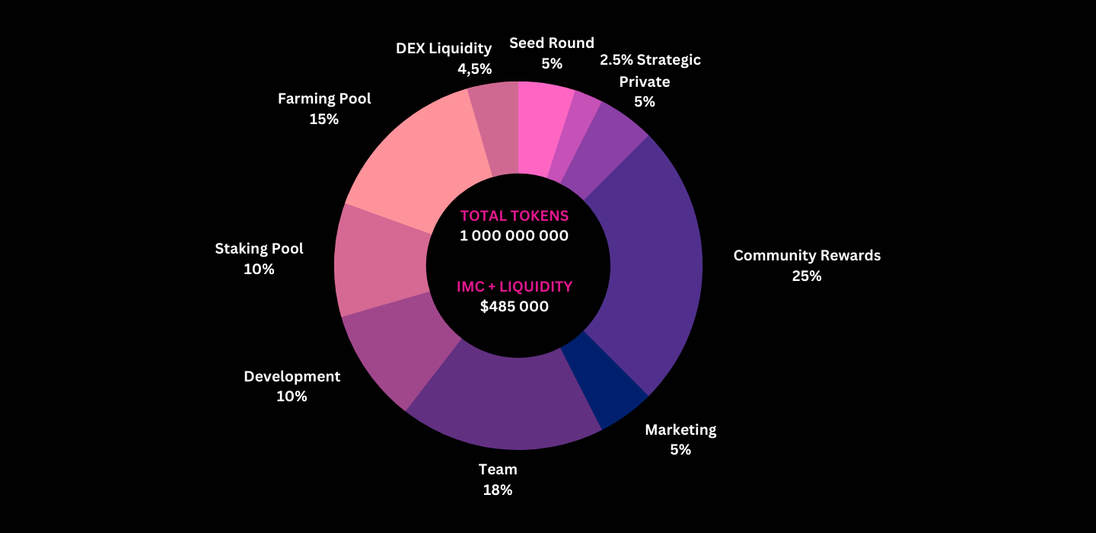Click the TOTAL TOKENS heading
(x=515, y=215)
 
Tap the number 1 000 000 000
(x=515, y=235)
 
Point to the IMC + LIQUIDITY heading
(x=515, y=287)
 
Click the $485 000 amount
(x=515, y=307)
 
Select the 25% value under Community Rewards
(x=807, y=276)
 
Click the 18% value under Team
(x=498, y=490)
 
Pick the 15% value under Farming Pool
(x=324, y=119)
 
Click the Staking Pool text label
(x=259, y=248)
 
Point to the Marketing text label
(x=680, y=429)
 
